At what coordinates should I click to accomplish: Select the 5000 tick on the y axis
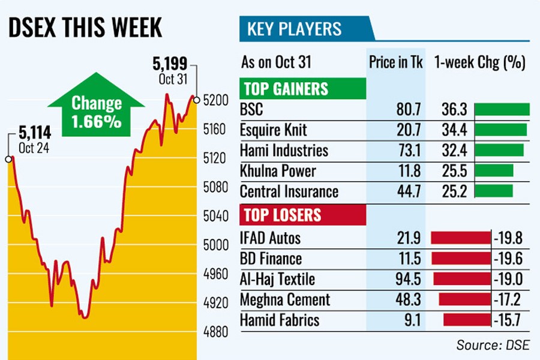tap(215, 245)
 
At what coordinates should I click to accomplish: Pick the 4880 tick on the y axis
tap(215, 332)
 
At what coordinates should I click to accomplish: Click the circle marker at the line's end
tap(196, 100)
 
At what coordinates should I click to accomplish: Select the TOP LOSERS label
tap(281, 215)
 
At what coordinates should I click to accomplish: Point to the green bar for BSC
tap(502, 109)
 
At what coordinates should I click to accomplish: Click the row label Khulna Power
tap(278, 170)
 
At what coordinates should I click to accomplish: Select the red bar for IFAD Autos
tap(460, 238)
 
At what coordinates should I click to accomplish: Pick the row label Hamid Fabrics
tap(280, 320)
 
